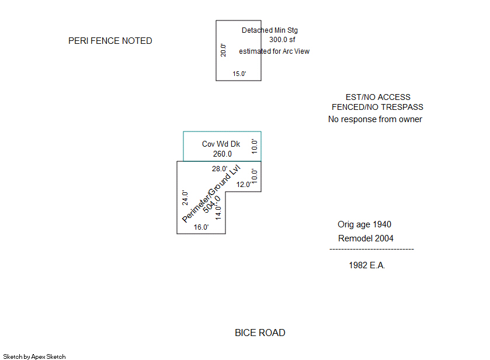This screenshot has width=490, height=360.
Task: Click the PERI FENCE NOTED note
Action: coord(110,41)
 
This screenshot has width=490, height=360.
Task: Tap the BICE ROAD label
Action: coord(260,333)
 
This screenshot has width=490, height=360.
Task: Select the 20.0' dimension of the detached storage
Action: coord(223,50)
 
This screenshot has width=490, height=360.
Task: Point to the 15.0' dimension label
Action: coord(239,74)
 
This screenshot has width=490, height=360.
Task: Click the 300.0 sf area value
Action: coord(283,40)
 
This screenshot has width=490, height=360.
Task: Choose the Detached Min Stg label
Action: coord(270,30)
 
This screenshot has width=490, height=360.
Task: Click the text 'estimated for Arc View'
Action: coord(274,51)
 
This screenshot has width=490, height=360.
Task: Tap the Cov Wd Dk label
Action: coord(221,144)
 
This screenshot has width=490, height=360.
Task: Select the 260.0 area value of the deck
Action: coord(222,154)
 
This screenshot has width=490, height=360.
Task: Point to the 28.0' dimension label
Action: coord(220,169)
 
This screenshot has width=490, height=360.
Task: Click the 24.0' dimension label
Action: coord(185,198)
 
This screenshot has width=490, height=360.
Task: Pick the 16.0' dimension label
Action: coord(201,227)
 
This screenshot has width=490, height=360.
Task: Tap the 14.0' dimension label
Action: coord(218,210)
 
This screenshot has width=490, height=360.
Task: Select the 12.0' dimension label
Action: coord(244,185)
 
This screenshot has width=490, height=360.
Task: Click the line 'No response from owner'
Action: coord(375,119)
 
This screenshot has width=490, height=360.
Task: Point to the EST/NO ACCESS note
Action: coord(378,97)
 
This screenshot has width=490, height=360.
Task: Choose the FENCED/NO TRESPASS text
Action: coord(377,108)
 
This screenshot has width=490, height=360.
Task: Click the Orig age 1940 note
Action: coord(364,224)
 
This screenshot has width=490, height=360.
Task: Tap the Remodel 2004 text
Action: coord(366,238)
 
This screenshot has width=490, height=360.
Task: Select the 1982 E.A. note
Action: coord(367,265)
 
